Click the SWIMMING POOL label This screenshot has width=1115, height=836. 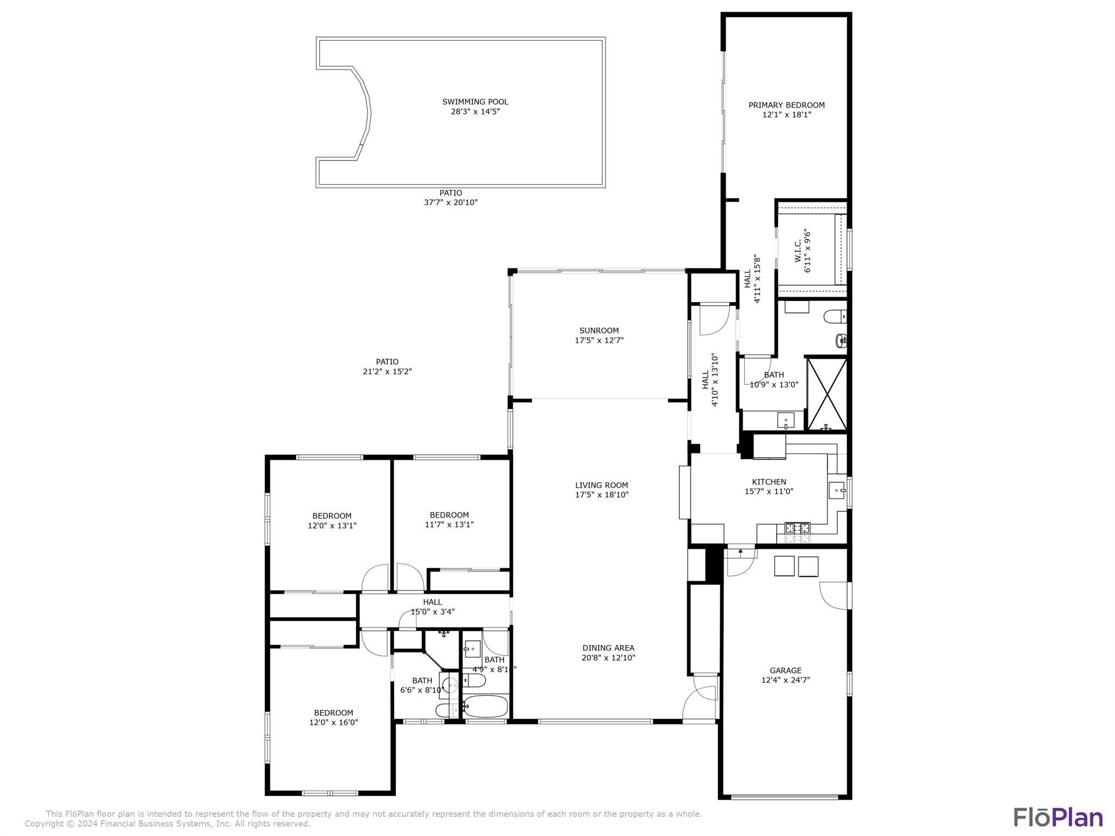[x=475, y=102]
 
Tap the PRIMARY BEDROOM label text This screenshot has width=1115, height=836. [x=786, y=105]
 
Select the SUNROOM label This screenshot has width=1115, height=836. [x=599, y=330]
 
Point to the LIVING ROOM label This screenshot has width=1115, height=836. [x=602, y=485]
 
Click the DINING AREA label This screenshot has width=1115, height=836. [x=608, y=648]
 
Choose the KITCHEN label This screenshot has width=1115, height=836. [x=769, y=482]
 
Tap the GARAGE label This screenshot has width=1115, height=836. [x=786, y=671]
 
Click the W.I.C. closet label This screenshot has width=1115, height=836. [x=798, y=251]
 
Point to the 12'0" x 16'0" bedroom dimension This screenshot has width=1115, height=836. [x=334, y=722]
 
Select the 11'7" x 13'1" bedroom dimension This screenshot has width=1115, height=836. [x=449, y=525]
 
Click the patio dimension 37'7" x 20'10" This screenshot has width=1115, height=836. [x=451, y=202]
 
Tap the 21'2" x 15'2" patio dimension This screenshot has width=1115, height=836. [x=387, y=372]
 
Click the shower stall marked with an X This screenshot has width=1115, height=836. [x=826, y=393]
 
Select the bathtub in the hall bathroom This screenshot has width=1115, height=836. [x=485, y=706]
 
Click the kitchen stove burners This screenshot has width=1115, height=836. [x=797, y=527]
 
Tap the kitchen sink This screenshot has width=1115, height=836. [x=836, y=490]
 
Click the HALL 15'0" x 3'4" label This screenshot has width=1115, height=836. [x=433, y=607]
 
